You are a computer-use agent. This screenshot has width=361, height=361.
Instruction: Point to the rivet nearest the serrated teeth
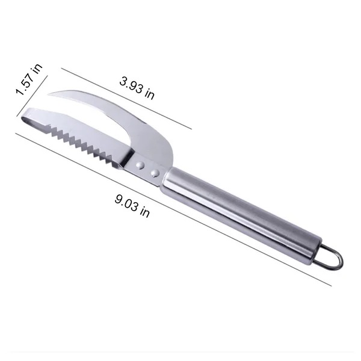coord(140,164)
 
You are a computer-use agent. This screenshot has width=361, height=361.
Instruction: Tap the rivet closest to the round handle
coord(155,173)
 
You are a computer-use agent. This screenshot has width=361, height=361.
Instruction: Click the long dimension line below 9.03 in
coord(174,211)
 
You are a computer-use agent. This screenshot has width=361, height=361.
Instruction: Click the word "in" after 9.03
coord(145,212)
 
